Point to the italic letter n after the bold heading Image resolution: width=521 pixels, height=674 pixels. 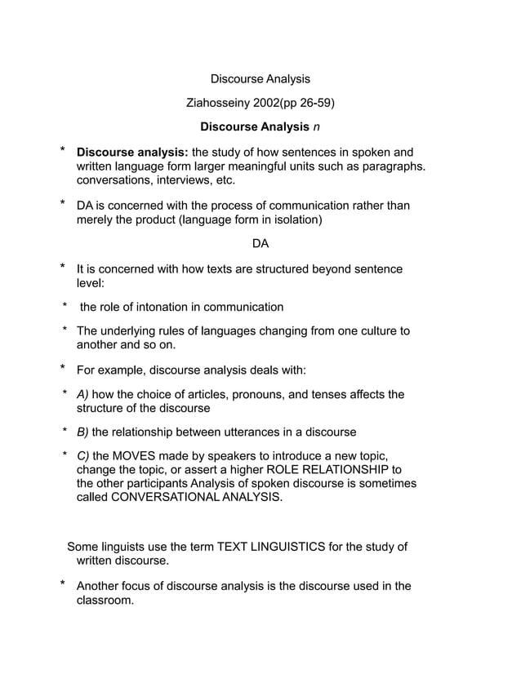317,127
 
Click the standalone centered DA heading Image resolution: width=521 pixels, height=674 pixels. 260,244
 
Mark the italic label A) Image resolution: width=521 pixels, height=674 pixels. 82,394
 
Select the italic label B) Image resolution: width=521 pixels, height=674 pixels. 82,432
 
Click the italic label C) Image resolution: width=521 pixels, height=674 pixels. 82,456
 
